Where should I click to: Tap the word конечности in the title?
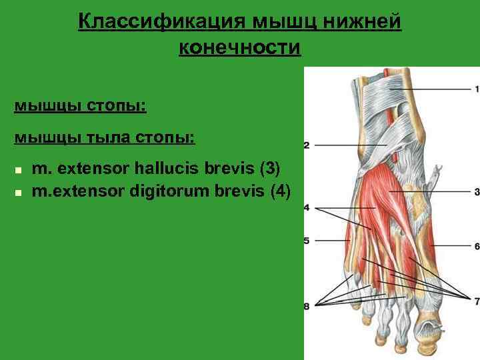[x=240, y=49]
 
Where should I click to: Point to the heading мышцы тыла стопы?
[x=105, y=138]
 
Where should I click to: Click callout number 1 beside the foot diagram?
[x=477, y=89]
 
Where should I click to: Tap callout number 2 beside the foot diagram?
[x=307, y=145]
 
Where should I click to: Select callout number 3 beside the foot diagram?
[x=477, y=192]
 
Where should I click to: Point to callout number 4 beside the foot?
[x=307, y=208]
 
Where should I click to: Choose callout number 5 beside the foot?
[x=307, y=240]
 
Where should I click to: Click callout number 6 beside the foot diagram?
[x=477, y=246]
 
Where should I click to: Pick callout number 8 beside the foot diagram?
[x=307, y=306]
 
